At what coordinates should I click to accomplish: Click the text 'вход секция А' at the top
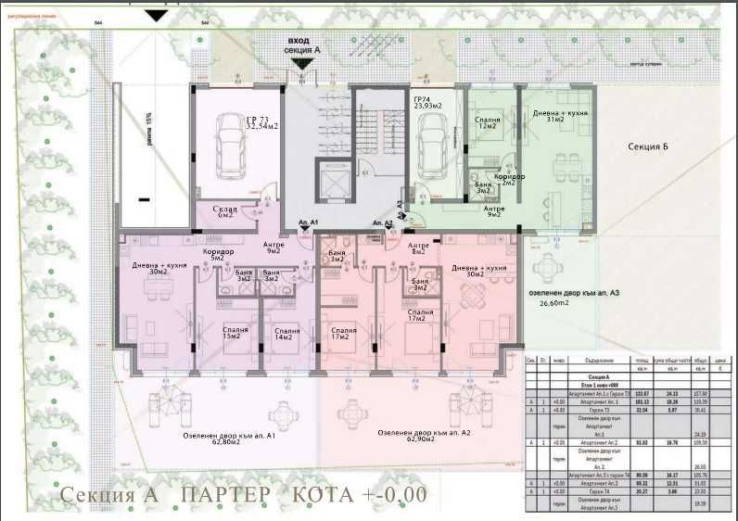(x=303, y=45)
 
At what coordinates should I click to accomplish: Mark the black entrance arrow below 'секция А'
(x=301, y=63)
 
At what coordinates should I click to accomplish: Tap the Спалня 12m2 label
(x=488, y=123)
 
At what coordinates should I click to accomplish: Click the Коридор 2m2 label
(x=509, y=179)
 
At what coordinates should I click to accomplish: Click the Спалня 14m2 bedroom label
(x=286, y=335)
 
